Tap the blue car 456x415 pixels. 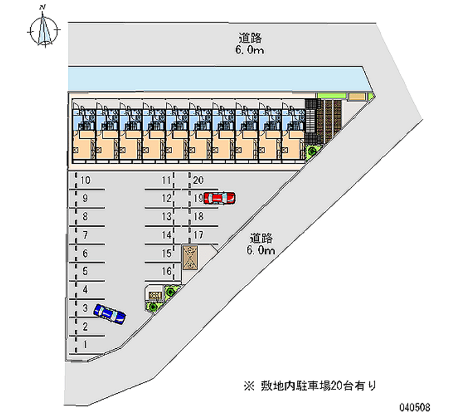point(110,313)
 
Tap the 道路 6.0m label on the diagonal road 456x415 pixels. point(262,244)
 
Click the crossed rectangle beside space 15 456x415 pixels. point(190,257)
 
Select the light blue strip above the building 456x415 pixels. point(217,78)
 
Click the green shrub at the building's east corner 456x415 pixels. point(312,151)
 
